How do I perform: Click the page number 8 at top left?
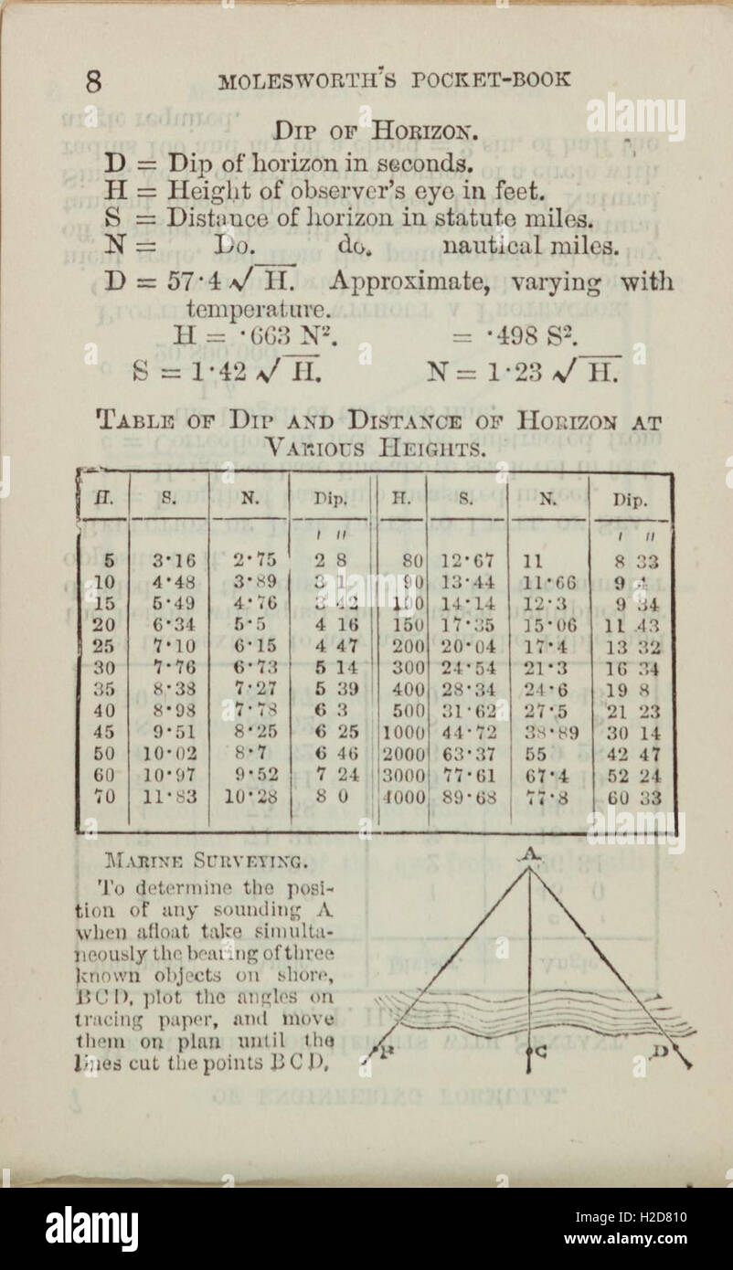point(94,81)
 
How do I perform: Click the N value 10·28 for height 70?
point(250,797)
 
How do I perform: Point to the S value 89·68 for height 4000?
point(470,797)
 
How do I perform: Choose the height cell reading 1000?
point(403,733)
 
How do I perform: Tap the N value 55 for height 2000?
point(536,755)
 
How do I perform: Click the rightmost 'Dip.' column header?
point(631,500)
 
